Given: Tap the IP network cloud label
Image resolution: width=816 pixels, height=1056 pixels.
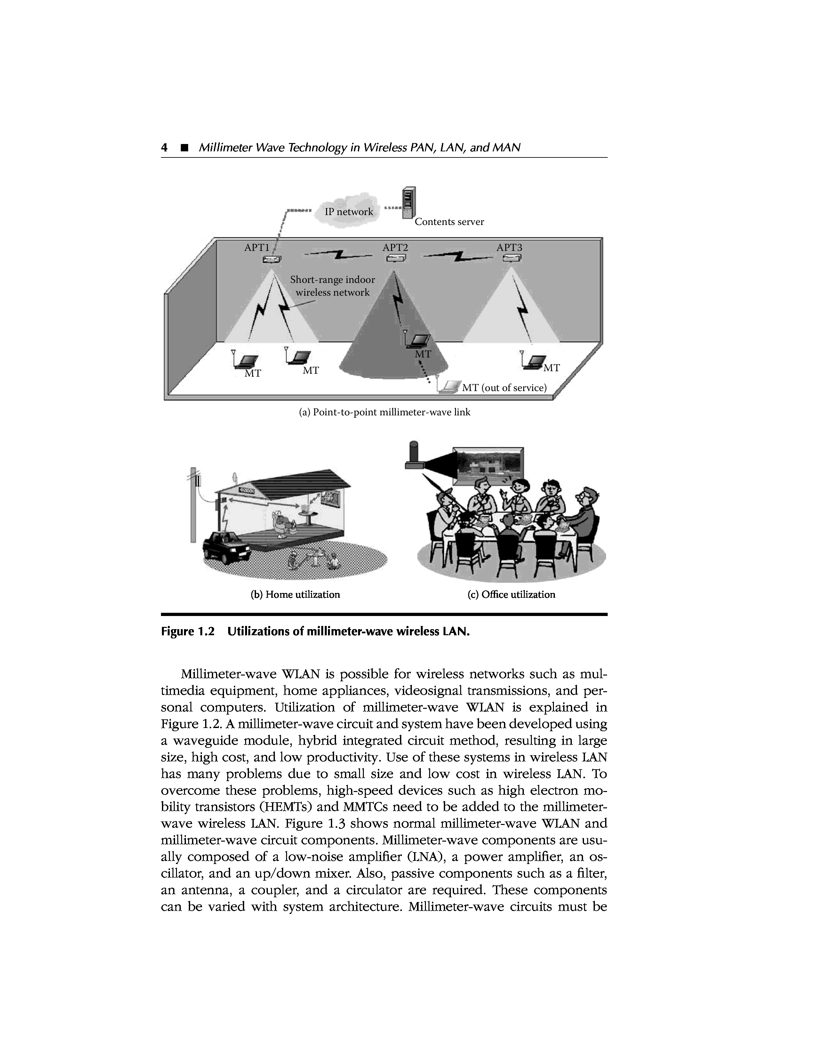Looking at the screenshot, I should [348, 212].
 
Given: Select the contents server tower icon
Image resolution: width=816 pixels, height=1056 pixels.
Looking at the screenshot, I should [409, 202].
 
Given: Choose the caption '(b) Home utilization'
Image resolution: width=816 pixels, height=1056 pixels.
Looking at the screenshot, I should [295, 594].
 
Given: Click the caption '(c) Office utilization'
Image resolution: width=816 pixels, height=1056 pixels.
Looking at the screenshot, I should [511, 594].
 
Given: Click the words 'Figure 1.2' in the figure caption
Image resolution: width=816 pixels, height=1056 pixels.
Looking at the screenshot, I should [187, 632].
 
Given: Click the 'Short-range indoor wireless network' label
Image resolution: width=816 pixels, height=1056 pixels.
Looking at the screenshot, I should [332, 286].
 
